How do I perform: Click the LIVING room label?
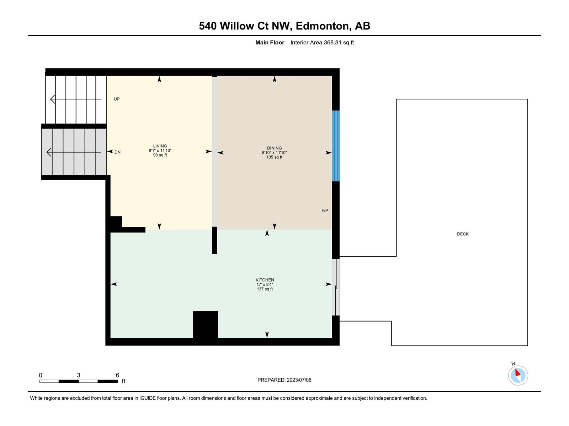160,146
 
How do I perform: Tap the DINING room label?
274,148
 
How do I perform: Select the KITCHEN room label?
265,280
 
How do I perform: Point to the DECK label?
463,234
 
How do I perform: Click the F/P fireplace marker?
325,210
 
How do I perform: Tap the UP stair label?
117,99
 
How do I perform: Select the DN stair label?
117,152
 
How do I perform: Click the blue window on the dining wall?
336,146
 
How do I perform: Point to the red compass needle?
517,373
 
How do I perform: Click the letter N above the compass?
513,364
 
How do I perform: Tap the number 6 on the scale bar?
117,375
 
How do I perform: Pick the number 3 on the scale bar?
79,375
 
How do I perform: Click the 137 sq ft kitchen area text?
265,289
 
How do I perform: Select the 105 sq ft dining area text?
274,157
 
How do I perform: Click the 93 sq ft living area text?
160,155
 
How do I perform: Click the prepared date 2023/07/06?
299,380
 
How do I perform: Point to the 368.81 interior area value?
333,42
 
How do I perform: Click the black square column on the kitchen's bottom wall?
205,324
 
